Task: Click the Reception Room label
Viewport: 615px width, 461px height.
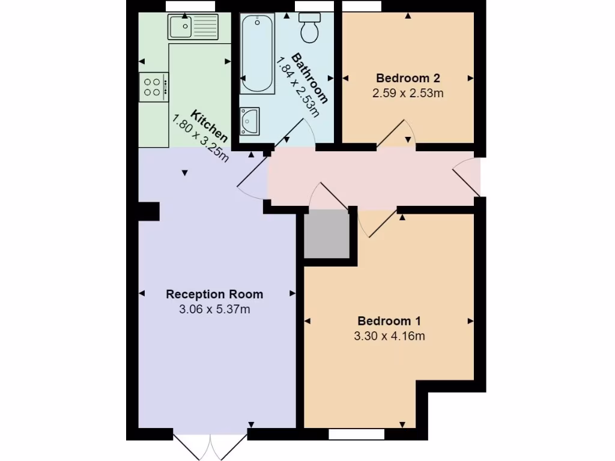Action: pyautogui.click(x=214, y=294)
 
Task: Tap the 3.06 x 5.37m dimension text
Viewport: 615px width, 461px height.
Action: pyautogui.click(x=214, y=310)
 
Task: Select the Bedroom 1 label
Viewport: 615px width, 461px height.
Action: pyautogui.click(x=389, y=321)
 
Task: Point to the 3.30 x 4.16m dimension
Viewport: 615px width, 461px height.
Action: pyautogui.click(x=389, y=336)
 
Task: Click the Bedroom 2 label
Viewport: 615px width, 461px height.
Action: pyautogui.click(x=408, y=77)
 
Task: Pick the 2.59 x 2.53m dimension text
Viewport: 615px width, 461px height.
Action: pyautogui.click(x=408, y=93)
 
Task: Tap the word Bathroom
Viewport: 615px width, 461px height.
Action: pyautogui.click(x=310, y=79)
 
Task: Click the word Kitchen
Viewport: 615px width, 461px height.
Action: pyautogui.click(x=209, y=125)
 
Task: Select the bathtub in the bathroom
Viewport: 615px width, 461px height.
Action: pyautogui.click(x=257, y=54)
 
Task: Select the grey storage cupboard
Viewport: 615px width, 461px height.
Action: pyautogui.click(x=327, y=234)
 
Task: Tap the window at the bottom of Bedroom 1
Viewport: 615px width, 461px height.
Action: pyautogui.click(x=357, y=433)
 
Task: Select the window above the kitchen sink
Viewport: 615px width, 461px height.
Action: pyautogui.click(x=190, y=5)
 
